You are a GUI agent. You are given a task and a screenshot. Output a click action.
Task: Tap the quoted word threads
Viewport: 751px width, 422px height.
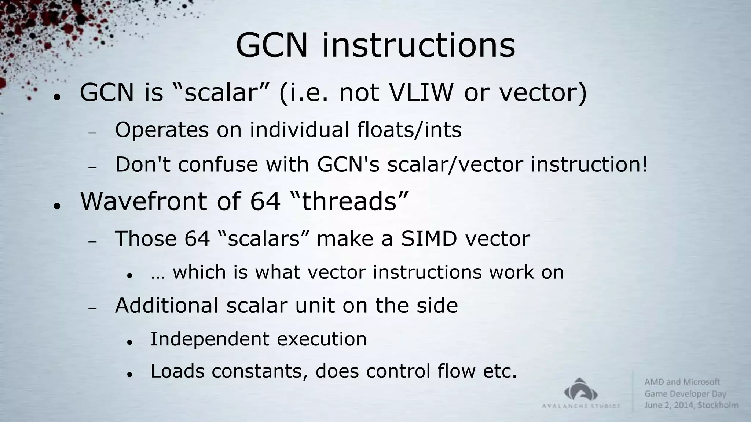[x=349, y=201]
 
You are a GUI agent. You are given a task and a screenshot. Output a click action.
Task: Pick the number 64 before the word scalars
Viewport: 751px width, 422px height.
[x=197, y=238]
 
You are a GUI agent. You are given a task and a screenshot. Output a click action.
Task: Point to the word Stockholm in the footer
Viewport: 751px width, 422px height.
[x=718, y=405]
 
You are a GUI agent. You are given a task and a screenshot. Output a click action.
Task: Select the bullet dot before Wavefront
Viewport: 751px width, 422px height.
[x=56, y=206]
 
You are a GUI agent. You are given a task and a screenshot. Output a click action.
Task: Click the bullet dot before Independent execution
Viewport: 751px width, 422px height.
[x=129, y=342]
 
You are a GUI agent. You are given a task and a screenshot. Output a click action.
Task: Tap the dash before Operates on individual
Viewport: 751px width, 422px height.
[x=92, y=133]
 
